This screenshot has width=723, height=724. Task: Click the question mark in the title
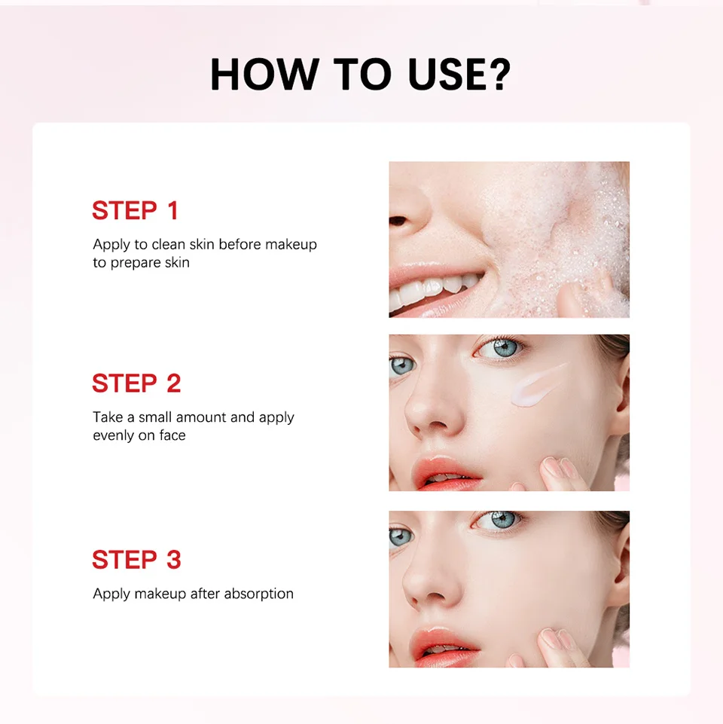(x=499, y=74)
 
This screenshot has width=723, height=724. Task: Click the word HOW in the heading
(x=264, y=74)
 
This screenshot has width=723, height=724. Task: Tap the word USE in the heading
(x=445, y=74)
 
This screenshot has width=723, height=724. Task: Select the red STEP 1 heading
(x=136, y=210)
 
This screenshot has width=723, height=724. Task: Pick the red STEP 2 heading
(x=136, y=383)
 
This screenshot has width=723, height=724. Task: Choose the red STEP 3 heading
(x=136, y=560)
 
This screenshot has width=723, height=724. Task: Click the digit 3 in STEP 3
(x=173, y=560)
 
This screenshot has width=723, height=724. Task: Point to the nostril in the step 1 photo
(x=397, y=221)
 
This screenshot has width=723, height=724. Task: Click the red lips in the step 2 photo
(x=446, y=473)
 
